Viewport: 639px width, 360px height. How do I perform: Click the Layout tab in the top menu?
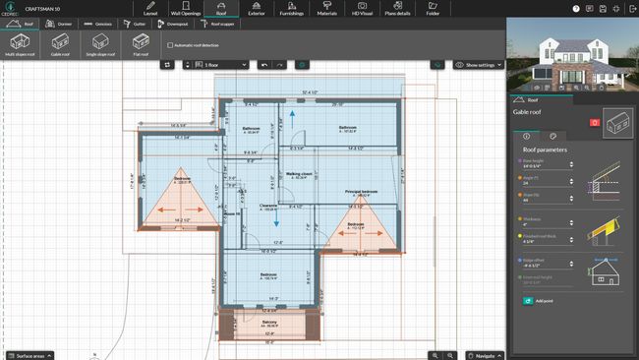[x=150, y=9]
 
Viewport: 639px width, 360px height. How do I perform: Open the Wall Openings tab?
[x=185, y=9]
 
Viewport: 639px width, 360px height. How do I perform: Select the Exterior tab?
[x=257, y=9]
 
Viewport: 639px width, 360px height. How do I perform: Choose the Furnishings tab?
[x=290, y=9]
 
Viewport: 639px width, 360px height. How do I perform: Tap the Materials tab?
[x=326, y=9]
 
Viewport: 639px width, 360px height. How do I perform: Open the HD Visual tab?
[x=363, y=9]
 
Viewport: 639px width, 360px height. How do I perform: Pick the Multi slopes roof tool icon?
[x=20, y=44]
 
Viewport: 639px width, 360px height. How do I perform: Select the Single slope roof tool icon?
[x=100, y=44]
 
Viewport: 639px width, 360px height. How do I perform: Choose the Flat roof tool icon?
[x=141, y=44]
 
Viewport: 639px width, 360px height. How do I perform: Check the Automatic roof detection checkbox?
[x=170, y=45]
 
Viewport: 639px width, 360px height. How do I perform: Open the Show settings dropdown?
[x=479, y=65]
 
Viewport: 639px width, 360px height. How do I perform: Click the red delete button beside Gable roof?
[x=593, y=122]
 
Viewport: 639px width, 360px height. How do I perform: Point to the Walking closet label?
[x=299, y=173]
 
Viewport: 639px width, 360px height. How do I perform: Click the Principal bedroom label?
[x=362, y=191]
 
